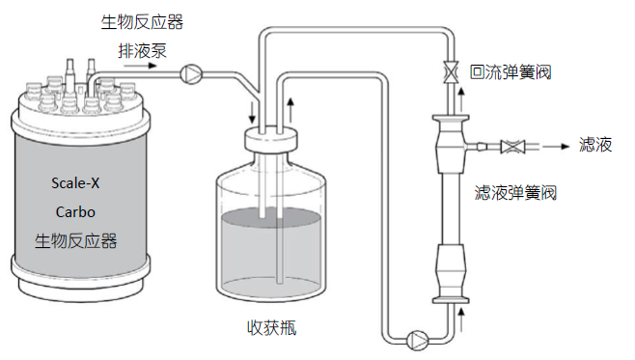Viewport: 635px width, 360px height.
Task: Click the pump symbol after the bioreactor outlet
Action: point(191,74)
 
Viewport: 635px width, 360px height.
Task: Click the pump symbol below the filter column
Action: point(417,340)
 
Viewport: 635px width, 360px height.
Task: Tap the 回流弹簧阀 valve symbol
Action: point(451,72)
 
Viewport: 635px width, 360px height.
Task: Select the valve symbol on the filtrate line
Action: point(512,147)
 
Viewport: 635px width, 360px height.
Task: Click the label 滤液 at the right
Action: point(595,145)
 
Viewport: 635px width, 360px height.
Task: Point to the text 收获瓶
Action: point(272,327)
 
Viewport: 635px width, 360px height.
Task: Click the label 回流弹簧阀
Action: point(511,72)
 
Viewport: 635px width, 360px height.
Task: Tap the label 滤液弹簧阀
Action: point(515,192)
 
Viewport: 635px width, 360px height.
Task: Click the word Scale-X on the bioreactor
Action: point(75,183)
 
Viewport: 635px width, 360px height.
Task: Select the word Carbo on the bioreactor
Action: point(75,211)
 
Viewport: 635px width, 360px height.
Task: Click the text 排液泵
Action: point(142,51)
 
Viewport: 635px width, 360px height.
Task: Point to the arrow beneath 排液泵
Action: point(140,66)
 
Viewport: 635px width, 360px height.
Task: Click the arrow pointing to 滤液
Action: point(556,147)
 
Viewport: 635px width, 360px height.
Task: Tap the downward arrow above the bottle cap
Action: point(252,113)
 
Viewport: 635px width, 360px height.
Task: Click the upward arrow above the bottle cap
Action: point(290,110)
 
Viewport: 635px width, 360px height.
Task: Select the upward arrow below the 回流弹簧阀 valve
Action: point(461,100)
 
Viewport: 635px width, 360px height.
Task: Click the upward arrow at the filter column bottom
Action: point(461,319)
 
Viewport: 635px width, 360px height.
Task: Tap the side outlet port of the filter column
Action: point(476,146)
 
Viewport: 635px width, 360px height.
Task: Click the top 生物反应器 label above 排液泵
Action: point(142,22)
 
